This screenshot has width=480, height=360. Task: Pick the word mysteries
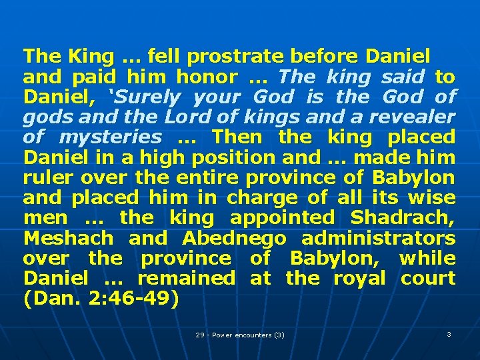[x=110, y=137]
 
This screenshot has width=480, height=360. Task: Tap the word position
[x=238, y=157]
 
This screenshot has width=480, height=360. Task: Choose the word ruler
[x=48, y=177]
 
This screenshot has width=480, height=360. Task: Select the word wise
[x=431, y=197]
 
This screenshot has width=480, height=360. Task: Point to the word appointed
[x=282, y=217]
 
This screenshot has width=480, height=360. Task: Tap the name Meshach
[x=68, y=238]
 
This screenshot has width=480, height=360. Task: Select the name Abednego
[x=233, y=238]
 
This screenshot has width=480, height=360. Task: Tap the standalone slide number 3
[x=449, y=334]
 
